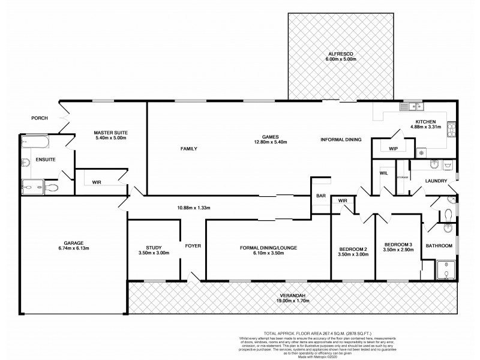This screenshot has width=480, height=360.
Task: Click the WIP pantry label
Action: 393,148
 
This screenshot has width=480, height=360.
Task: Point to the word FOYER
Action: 193,246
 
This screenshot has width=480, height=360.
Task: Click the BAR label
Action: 320,196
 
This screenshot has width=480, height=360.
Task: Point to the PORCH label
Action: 40,118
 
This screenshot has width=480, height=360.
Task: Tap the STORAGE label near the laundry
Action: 402,178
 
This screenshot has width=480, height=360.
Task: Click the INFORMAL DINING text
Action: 341,139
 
